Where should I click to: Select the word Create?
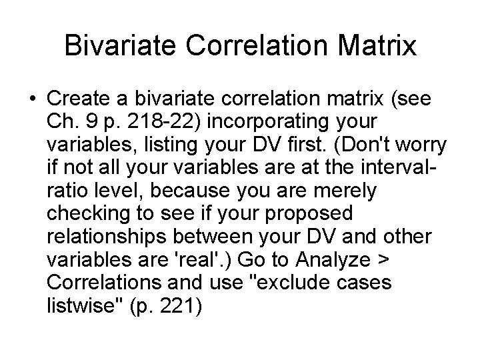point(78,99)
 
